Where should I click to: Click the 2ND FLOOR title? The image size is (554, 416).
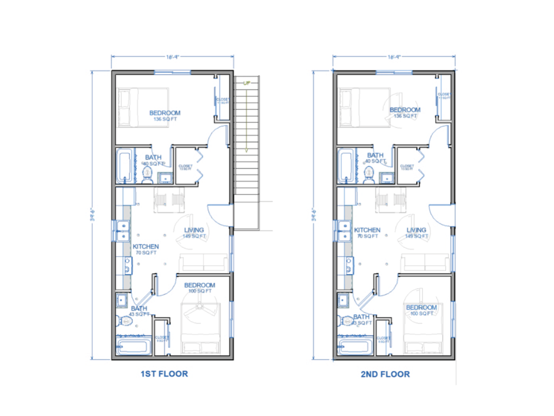click(x=385, y=374)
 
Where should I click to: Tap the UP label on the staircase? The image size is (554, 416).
click(x=247, y=83)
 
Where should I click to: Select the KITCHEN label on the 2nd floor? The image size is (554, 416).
click(x=367, y=230)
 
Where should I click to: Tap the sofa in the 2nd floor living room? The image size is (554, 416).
click(x=425, y=263)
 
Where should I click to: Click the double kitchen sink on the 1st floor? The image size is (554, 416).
click(x=123, y=231)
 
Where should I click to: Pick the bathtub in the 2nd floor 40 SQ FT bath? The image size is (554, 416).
click(x=346, y=166)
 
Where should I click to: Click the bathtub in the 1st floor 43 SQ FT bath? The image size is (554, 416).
click(x=133, y=346)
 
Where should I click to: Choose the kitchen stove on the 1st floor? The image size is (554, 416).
click(x=128, y=265)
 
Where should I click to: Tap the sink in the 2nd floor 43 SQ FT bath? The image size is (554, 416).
click(x=343, y=300)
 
